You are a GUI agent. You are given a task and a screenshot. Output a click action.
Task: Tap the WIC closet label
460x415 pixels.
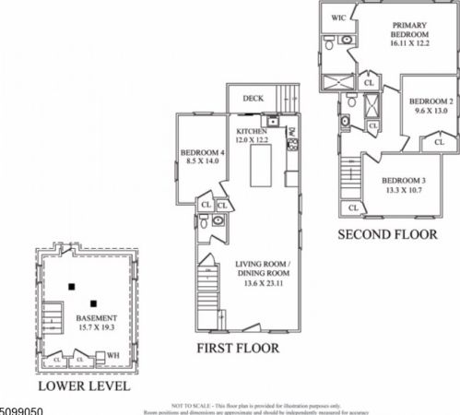point(337,17)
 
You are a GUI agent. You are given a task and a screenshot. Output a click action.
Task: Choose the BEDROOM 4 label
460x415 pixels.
point(200,153)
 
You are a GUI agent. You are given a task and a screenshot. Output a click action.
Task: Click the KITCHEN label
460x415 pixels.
point(252,132)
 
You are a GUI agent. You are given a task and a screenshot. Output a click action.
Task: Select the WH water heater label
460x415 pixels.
point(113,354)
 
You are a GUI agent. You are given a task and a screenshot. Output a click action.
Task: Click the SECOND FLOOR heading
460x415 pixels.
point(386,234)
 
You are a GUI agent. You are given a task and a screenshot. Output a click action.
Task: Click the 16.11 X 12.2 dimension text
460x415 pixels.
point(410,42)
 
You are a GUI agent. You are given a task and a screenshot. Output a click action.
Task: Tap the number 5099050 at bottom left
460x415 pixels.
point(22,406)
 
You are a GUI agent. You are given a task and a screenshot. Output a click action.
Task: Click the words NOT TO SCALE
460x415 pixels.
point(191,404)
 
